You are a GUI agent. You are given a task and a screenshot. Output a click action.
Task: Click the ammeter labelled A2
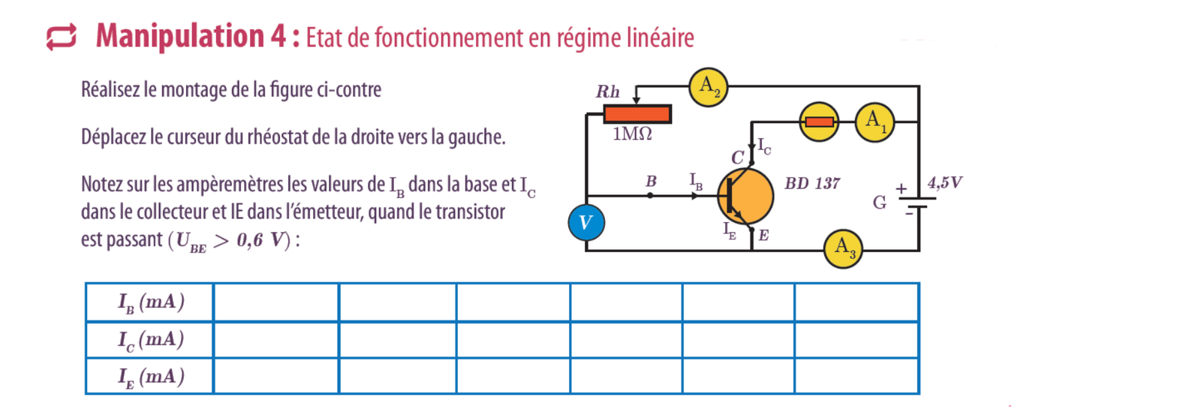(708, 87)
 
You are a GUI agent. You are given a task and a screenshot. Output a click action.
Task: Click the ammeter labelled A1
(874, 122)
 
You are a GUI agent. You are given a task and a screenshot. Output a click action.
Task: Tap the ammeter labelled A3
(843, 249)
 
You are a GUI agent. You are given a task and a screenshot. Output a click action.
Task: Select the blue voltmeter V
(586, 222)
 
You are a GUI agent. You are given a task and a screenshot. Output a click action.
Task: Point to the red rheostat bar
(637, 114)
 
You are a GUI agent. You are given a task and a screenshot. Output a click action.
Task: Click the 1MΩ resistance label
(632, 135)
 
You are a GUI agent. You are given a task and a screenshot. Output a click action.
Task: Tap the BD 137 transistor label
(812, 184)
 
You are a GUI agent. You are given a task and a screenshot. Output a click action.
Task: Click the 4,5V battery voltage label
(945, 182)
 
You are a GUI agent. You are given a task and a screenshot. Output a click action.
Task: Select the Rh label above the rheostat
(608, 92)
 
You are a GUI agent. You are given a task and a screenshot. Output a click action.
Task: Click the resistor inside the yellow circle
(819, 122)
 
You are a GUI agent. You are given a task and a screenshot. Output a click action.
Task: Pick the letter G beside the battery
(880, 203)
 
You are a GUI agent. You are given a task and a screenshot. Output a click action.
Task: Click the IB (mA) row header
(150, 302)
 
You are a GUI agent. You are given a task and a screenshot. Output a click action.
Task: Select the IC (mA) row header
(150, 340)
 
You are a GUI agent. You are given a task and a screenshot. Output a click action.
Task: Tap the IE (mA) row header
(150, 376)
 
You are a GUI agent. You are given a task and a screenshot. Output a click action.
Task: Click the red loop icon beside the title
(61, 37)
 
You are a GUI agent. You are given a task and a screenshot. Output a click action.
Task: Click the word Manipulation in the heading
(180, 36)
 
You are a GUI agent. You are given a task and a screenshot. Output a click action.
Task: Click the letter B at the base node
(651, 182)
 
